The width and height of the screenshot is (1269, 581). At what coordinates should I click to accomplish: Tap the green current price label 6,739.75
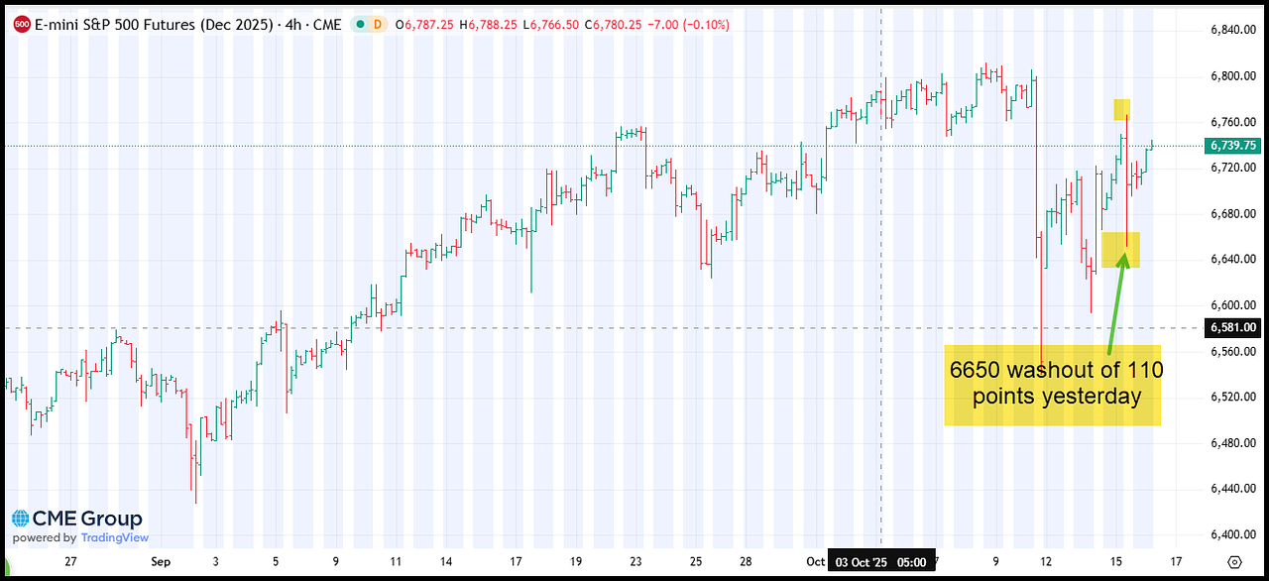(1232, 146)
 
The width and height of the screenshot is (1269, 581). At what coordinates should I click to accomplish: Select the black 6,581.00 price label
(1232, 327)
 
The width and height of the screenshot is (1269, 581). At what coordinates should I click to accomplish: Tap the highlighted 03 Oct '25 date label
(881, 561)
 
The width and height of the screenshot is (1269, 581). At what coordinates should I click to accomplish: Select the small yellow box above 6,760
(1121, 110)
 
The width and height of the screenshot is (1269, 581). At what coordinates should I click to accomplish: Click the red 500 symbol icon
(21, 25)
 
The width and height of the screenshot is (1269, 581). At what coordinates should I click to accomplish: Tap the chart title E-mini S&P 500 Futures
(153, 25)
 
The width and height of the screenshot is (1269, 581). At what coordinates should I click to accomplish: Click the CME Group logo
(77, 519)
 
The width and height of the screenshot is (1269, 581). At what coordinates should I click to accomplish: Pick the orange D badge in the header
(377, 25)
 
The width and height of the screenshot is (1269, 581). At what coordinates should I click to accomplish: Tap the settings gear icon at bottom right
(1233, 561)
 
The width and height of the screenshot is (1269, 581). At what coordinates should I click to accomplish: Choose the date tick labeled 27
(69, 561)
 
